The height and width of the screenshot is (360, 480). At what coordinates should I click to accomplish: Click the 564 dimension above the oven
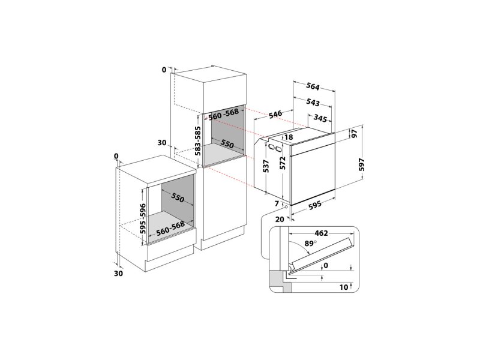pyautogui.click(x=313, y=87)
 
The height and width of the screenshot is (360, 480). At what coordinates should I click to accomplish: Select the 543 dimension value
pyautogui.click(x=313, y=102)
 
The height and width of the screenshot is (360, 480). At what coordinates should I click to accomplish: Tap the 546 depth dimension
pyautogui.click(x=275, y=114)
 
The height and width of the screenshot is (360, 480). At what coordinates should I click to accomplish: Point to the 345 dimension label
pyautogui.click(x=320, y=118)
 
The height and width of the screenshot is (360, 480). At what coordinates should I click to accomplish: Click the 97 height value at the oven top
pyautogui.click(x=355, y=134)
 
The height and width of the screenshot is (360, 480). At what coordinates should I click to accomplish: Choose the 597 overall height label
pyautogui.click(x=362, y=164)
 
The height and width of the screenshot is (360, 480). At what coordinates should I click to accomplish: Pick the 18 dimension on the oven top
pyautogui.click(x=289, y=137)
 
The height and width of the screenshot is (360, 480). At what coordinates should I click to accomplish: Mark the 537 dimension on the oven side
pyautogui.click(x=266, y=166)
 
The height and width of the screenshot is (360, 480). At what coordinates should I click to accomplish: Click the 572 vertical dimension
pyautogui.click(x=282, y=163)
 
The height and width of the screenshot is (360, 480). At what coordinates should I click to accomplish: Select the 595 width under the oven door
pyautogui.click(x=314, y=205)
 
